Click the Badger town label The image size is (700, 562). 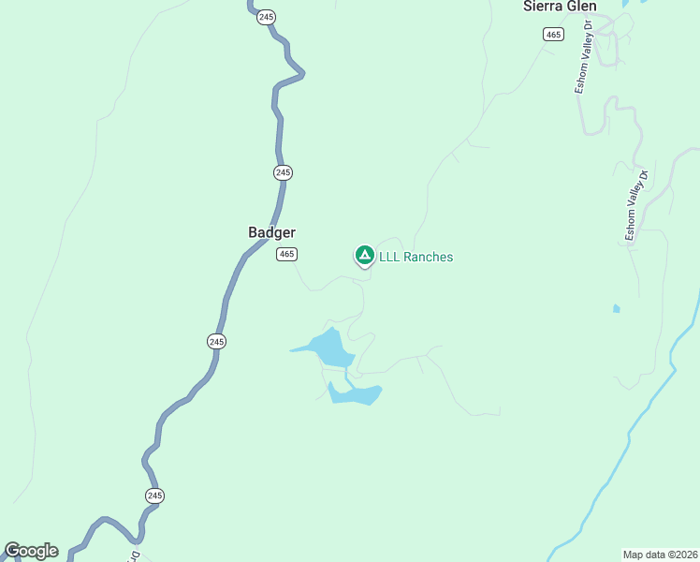pyautogui.click(x=272, y=232)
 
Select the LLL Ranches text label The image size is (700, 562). pyautogui.click(x=416, y=257)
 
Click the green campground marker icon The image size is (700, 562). pyautogui.click(x=364, y=255)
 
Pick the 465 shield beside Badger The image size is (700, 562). pyautogui.click(x=286, y=254)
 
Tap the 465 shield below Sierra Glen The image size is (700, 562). pyautogui.click(x=552, y=34)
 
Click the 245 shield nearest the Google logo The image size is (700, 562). pyautogui.click(x=154, y=495)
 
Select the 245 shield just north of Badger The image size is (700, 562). pyautogui.click(x=284, y=172)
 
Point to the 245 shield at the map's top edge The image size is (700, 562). pyautogui.click(x=267, y=17)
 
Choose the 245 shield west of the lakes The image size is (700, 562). pyautogui.click(x=216, y=342)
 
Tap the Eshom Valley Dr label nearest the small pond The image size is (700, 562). pyautogui.click(x=637, y=206)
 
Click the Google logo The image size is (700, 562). pyautogui.click(x=31, y=551)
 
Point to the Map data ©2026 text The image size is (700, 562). pyautogui.click(x=660, y=554)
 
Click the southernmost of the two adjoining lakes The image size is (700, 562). pyautogui.click(x=356, y=394)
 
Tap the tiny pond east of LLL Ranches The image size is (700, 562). pyautogui.click(x=616, y=308)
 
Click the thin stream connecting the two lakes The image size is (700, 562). pyautogui.click(x=347, y=377)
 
